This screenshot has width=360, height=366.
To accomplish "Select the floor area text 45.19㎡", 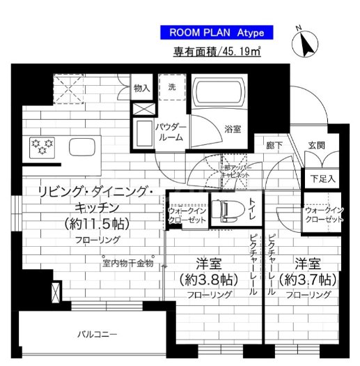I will pyautogui.click(x=217, y=51).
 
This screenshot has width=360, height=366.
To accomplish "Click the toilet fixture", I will pyautogui.click(x=225, y=209).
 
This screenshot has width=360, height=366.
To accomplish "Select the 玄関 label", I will pyautogui.click(x=316, y=146).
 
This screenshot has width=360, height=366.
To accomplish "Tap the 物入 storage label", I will pyautogui.click(x=141, y=89).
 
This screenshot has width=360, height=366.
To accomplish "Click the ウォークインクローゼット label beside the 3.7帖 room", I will pyautogui.click(x=323, y=214).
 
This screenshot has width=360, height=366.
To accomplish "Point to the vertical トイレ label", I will pyautogui.click(x=253, y=210).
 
